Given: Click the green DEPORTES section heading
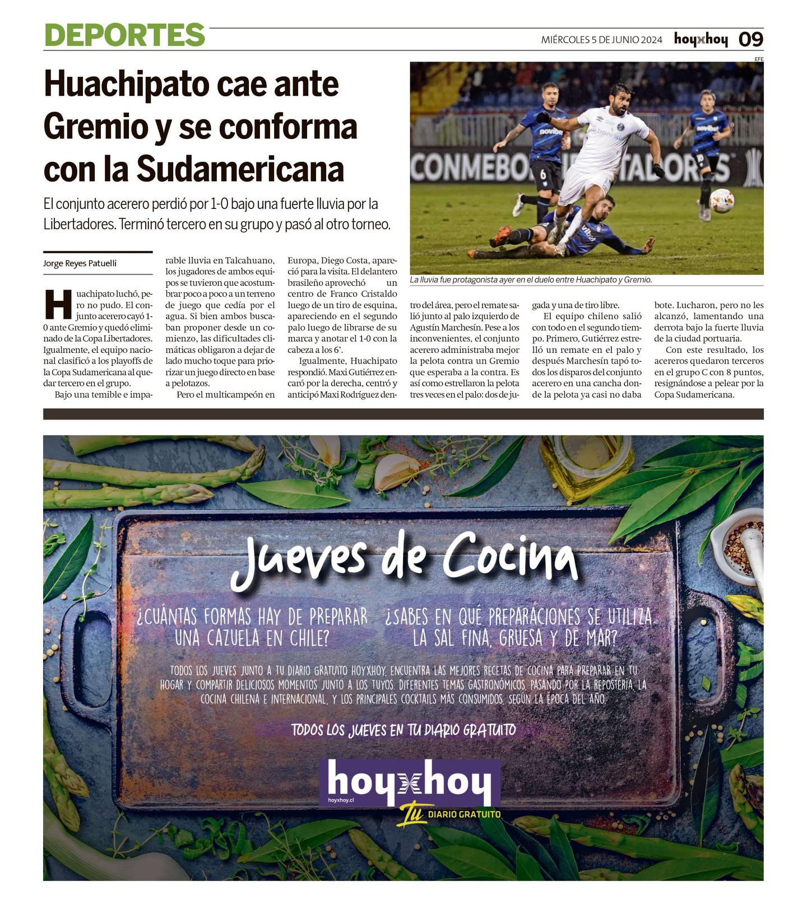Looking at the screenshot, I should pyautogui.click(x=124, y=35).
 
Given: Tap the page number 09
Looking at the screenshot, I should pyautogui.click(x=750, y=39).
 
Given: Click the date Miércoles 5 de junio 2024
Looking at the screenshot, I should pyautogui.click(x=601, y=40).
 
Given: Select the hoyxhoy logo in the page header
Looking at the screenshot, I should pyautogui.click(x=701, y=39).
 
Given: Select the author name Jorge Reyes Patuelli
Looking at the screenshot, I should pyautogui.click(x=80, y=263).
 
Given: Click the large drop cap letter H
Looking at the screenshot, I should pyautogui.click(x=58, y=304).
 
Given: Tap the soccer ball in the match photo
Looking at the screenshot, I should pyautogui.click(x=721, y=200).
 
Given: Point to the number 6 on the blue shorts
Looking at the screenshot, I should pyautogui.click(x=542, y=174).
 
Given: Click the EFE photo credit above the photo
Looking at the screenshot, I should pyautogui.click(x=759, y=59).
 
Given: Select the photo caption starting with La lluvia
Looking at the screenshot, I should pyautogui.click(x=530, y=280).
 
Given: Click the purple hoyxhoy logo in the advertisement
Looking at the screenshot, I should pyautogui.click(x=410, y=782).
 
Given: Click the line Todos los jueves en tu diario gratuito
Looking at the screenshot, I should pyautogui.click(x=403, y=730).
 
